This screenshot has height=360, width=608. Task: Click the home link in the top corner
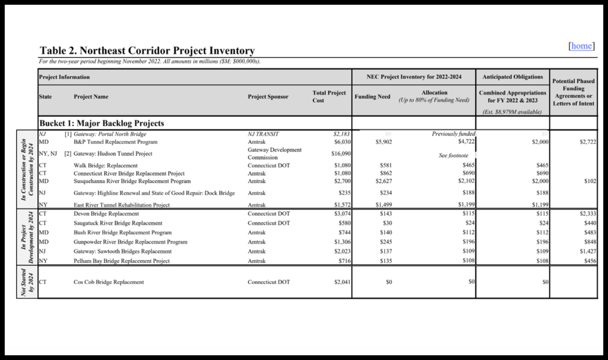(581, 46)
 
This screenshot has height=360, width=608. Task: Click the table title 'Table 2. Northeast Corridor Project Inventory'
(147, 51)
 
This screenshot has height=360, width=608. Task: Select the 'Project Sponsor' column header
(268, 96)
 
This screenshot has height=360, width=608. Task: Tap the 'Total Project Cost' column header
(329, 96)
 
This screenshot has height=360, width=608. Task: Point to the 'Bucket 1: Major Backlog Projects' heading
(101, 124)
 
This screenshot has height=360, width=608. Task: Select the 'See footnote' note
(451, 156)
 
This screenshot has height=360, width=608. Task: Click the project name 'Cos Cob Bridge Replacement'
(109, 282)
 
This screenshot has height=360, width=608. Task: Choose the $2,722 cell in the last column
(584, 143)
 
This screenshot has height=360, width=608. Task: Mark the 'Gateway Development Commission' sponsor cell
(275, 153)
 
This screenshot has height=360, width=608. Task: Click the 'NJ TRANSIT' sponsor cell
(264, 134)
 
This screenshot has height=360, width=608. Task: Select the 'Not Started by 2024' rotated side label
(27, 282)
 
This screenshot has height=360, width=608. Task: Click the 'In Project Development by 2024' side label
(27, 238)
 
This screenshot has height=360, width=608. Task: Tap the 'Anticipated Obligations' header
(512, 77)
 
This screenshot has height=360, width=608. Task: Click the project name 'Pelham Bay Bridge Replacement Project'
(122, 261)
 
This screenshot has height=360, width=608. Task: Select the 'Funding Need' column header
(372, 96)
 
